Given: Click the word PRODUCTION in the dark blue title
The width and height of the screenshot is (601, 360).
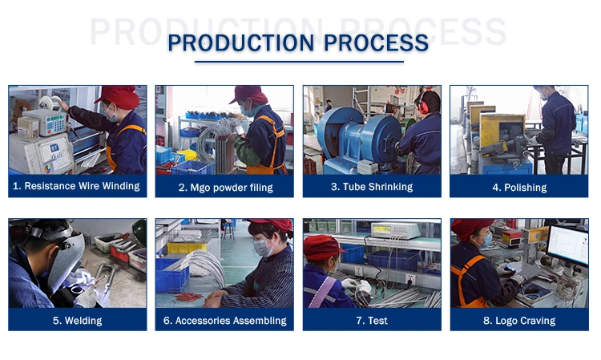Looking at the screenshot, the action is coord(241,42).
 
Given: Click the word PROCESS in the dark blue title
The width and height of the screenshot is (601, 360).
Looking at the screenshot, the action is coord(377,42).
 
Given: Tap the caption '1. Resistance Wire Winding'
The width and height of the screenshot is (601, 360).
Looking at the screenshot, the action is coord(76,186).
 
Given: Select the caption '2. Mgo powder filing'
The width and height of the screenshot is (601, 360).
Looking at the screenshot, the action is coord(225,188).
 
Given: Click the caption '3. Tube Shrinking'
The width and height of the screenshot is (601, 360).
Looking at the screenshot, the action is coord(372,187).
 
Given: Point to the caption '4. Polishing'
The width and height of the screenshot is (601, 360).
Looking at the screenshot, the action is coord(519,188).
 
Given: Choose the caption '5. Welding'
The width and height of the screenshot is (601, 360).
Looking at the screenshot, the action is coord(78,321).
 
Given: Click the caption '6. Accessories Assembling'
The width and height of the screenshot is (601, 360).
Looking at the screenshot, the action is coord(225,321).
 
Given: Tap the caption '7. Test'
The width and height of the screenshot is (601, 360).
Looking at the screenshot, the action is coord(372,321).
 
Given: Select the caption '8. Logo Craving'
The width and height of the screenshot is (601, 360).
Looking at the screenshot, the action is coord(519,321).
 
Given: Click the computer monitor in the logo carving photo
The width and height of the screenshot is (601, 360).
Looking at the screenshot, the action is coord(567,245).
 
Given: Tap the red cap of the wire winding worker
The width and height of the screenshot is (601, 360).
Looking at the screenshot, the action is coord(119,96).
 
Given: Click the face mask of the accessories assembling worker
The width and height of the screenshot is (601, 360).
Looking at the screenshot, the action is coord(264,246).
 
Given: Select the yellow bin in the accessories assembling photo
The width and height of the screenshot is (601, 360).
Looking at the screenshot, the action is coord(187,248).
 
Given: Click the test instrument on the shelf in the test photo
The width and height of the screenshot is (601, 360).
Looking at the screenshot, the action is coord(395,230).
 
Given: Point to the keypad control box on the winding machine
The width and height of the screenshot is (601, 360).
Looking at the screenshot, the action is coord(50,122).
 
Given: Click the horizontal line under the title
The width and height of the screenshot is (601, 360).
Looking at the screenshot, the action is coord(299,62).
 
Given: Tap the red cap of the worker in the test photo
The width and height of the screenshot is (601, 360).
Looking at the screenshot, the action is coord(322,247).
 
